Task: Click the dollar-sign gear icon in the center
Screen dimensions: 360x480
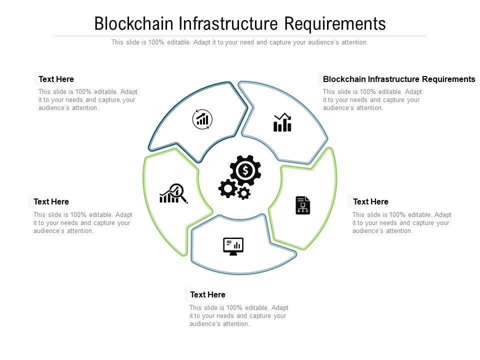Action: tap(245, 170)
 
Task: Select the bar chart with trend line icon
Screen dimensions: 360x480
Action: tap(282, 122)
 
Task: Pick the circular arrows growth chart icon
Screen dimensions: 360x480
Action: tap(202, 119)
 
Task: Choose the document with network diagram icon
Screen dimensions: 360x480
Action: tap(302, 205)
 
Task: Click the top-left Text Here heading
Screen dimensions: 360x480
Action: tap(56, 79)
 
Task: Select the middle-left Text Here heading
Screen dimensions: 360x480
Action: tap(51, 201)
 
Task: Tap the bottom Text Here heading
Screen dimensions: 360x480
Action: tap(207, 294)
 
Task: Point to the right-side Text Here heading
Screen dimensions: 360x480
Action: tap(370, 201)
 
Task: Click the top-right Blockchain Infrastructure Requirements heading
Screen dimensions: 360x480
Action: tap(399, 79)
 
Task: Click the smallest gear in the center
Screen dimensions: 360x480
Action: tap(244, 193)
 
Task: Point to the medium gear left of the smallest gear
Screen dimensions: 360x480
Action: tap(228, 188)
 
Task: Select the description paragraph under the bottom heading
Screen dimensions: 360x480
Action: tap(238, 315)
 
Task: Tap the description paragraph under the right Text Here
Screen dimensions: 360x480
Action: tap(401, 222)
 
